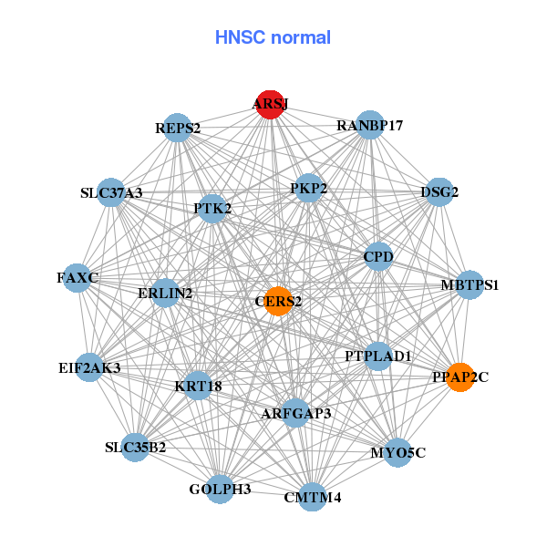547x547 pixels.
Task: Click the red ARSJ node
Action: [x=270, y=104]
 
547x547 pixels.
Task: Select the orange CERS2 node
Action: [x=278, y=300]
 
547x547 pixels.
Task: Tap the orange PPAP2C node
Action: [x=460, y=377]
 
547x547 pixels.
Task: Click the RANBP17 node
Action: [x=369, y=125]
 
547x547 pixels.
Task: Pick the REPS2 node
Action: [x=178, y=128]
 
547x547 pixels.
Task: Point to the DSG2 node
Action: [x=439, y=192]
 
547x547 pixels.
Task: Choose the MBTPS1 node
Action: [x=470, y=284]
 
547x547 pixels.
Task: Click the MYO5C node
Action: [x=397, y=452]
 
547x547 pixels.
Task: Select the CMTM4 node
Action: [x=313, y=497]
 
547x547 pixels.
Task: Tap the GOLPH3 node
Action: [x=220, y=489]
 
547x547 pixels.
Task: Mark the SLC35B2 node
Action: [x=135, y=447]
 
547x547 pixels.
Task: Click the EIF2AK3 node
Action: [x=88, y=367]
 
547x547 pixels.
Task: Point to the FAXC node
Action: [x=77, y=276]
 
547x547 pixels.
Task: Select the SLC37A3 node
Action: [x=111, y=192]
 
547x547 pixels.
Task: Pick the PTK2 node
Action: [x=212, y=209]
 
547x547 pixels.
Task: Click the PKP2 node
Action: [x=309, y=189]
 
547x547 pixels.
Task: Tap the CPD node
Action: [x=377, y=257]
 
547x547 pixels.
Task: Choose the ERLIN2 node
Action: [x=165, y=293]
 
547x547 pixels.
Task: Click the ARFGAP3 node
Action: [x=295, y=413]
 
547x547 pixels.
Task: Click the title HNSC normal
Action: [x=273, y=37]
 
